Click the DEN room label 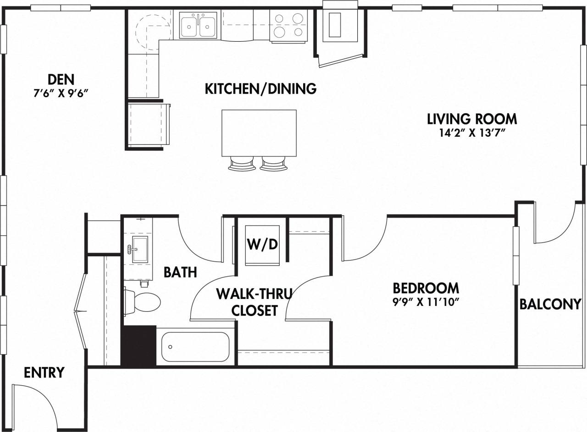coord(61,79)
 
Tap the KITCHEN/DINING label coord(260,89)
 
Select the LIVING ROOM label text coord(472,119)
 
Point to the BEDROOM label coord(426,288)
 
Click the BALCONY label coord(550,304)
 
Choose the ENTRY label coord(44,372)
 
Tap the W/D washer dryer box coord(263,245)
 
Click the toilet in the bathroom coord(143,302)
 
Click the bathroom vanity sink coord(140,249)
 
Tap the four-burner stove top coord(288,25)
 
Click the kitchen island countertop coord(259,133)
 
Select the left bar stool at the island coord(241,164)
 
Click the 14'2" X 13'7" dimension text coord(472,133)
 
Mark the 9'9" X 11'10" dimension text coord(426,302)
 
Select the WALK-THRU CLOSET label coord(254,301)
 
